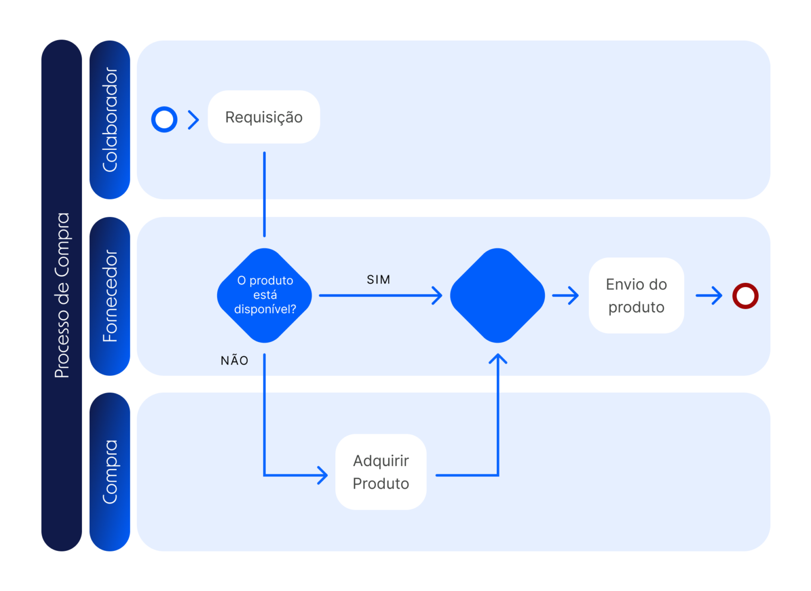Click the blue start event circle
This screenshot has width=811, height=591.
[164, 119]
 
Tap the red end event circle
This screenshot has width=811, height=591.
[745, 295]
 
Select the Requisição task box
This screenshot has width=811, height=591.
[263, 117]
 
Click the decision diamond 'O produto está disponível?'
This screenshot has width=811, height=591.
[265, 295]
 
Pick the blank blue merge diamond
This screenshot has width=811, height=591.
[497, 295]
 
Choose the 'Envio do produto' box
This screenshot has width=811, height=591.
[636, 295]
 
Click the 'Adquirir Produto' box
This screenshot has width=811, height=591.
[381, 472]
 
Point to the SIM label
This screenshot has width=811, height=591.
[379, 280]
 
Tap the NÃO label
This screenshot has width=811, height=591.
[234, 361]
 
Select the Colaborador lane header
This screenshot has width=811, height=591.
[110, 120]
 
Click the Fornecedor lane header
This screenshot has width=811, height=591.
[110, 296]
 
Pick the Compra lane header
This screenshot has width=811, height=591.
[110, 472]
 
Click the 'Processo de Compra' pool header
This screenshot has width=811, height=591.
[62, 295]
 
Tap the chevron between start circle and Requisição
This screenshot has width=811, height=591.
[194, 120]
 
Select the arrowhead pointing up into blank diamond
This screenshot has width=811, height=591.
[498, 359]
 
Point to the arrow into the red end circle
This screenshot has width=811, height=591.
[710, 295]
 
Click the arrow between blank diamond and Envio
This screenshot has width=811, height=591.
[566, 295]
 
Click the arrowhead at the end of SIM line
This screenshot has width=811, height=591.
[437, 295]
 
